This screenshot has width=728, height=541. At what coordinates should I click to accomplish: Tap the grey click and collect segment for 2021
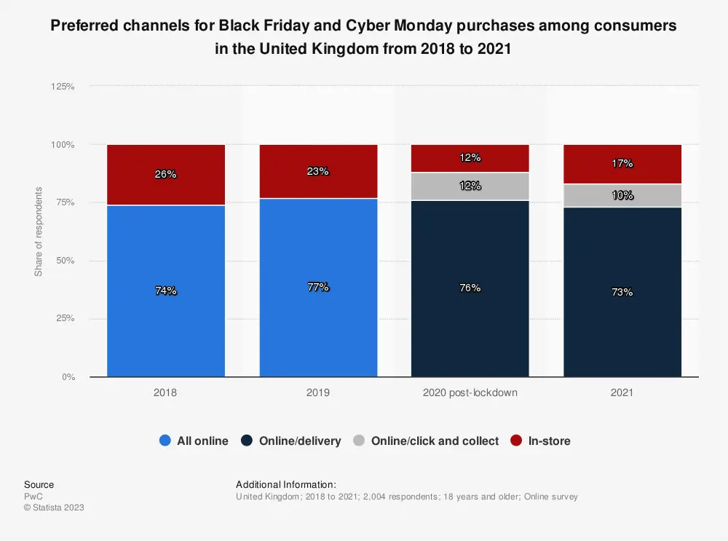622,195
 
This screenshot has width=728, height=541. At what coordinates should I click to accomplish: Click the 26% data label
165,174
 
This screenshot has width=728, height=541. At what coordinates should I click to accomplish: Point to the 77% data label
318,287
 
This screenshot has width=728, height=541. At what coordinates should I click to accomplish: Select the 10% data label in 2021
622,195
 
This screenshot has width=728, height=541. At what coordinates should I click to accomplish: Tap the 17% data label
622,164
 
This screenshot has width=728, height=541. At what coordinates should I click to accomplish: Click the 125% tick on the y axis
63,86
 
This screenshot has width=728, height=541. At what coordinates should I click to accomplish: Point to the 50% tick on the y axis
65,261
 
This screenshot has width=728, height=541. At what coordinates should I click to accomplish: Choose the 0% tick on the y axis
67,377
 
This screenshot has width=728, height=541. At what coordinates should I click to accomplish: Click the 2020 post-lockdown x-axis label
470,392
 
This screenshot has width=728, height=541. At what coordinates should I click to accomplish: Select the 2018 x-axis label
165,392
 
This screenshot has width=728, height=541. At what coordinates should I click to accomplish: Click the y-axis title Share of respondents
39,232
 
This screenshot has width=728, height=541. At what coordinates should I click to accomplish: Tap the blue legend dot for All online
165,441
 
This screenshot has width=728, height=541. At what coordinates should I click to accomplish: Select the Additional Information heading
286,484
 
